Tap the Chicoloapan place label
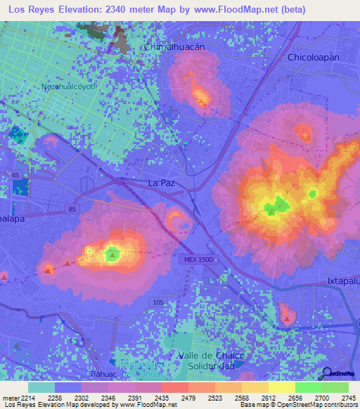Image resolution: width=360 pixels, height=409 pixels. [x=314, y=57]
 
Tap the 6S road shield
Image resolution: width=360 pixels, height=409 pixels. [x=15, y=174]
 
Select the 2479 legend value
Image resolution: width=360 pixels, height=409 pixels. [x=188, y=398]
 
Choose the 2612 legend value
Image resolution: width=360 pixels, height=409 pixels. [x=268, y=398]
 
